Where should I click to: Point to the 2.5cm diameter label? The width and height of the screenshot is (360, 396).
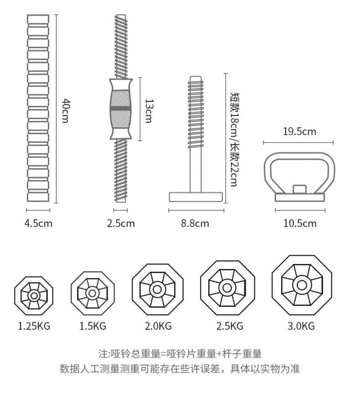(121, 223)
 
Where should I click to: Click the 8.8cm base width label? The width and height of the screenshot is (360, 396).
(195, 223)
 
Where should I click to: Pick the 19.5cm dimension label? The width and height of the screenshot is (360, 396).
(299, 132)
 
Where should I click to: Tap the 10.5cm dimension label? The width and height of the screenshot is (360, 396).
(300, 223)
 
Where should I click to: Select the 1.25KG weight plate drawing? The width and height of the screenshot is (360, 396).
(34, 295)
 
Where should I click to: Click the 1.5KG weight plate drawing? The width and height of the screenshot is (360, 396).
(93, 294)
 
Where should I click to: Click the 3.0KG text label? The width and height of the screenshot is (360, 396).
(301, 326)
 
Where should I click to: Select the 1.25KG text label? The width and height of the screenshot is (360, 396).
(34, 326)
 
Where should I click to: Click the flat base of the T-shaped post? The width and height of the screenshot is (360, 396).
(196, 197)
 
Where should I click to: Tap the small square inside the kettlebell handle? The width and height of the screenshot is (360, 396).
(299, 189)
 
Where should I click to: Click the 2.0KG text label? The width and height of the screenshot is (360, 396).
(158, 326)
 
